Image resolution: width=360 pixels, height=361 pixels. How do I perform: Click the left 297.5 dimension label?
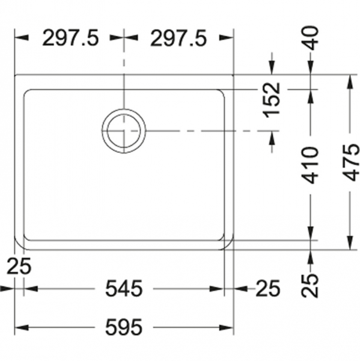pyautogui.click(x=71, y=38)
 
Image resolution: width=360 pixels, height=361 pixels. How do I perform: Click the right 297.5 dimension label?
pyautogui.click(x=178, y=38)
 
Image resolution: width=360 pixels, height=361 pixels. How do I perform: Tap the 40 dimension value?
pyautogui.click(x=312, y=38)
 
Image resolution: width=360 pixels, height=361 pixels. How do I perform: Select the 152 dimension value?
pyautogui.click(x=272, y=100)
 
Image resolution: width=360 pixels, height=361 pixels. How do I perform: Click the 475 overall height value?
pyautogui.click(x=350, y=162)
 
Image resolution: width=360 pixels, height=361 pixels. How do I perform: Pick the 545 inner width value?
pyautogui.click(x=124, y=288)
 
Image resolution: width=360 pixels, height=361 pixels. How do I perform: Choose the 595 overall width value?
pyautogui.click(x=124, y=327)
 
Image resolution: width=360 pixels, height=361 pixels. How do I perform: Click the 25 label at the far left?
pyautogui.click(x=19, y=266)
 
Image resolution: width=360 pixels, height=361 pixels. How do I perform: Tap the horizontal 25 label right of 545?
pyautogui.click(x=268, y=288)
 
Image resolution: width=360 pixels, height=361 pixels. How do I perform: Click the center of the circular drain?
pyautogui.click(x=124, y=131)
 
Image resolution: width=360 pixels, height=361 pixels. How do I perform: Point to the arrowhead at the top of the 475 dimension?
pyautogui.click(x=350, y=82)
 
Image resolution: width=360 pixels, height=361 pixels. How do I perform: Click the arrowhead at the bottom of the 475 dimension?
pyautogui.click(x=350, y=242)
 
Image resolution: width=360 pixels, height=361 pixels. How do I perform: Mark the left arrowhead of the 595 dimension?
pyautogui.click(x=22, y=327)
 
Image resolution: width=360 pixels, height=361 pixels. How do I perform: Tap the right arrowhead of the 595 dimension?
pyautogui.click(x=227, y=327)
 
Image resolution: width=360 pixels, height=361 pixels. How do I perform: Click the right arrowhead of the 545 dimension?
pyautogui.click(x=216, y=288)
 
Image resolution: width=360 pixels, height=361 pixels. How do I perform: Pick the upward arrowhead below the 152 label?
pyautogui.click(x=272, y=138)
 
